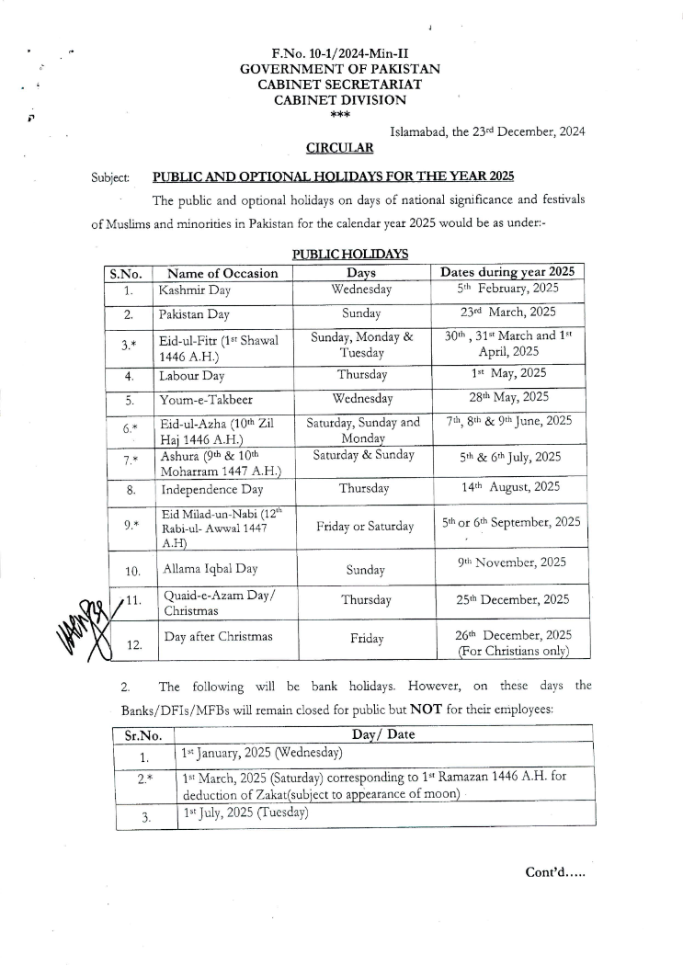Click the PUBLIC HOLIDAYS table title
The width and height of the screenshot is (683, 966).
[x=350, y=254]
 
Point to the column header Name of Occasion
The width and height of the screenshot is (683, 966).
[x=223, y=273]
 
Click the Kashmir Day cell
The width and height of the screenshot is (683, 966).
[x=195, y=290]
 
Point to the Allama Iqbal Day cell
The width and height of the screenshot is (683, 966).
[x=211, y=569]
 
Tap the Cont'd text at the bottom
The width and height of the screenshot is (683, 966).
[x=555, y=870]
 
